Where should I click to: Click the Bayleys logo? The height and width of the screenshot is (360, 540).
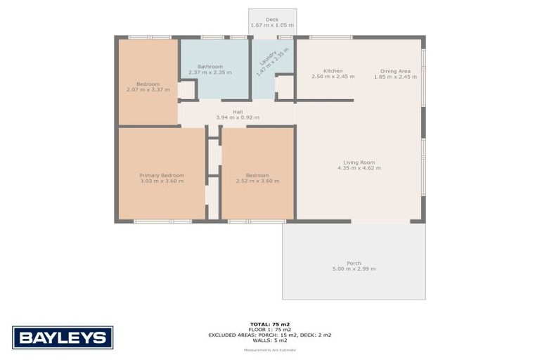click(63, 337)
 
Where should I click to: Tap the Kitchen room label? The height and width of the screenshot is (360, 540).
click(333, 71)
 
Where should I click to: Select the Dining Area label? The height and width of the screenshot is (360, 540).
click(395, 71)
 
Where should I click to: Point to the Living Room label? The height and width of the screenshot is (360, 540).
click(359, 162)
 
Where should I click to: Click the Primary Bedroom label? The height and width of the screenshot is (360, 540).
click(162, 175)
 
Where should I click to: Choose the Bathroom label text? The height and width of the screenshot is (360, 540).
click(210, 66)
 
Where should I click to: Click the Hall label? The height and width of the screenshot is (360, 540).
click(237, 112)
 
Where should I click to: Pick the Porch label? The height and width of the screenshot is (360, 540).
click(354, 263)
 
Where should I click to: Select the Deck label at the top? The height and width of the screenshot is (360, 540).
click(271, 20)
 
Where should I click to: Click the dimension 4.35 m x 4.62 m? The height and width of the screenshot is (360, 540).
click(359, 168)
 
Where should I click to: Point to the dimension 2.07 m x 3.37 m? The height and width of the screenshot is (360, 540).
click(148, 89)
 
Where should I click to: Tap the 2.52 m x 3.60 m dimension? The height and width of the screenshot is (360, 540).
click(257, 181)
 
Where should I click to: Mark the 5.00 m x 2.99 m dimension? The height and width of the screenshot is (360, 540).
click(354, 269)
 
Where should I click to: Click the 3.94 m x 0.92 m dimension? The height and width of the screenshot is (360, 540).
click(237, 117)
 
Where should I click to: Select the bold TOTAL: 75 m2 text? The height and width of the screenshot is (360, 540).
click(269, 324)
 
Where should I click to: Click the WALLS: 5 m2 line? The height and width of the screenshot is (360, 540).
click(269, 340)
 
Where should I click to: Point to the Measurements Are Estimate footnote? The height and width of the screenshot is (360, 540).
click(269, 349)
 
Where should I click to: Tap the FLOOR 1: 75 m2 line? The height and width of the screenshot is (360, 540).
click(269, 330)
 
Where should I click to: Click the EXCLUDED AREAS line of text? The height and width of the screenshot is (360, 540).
click(269, 335)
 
